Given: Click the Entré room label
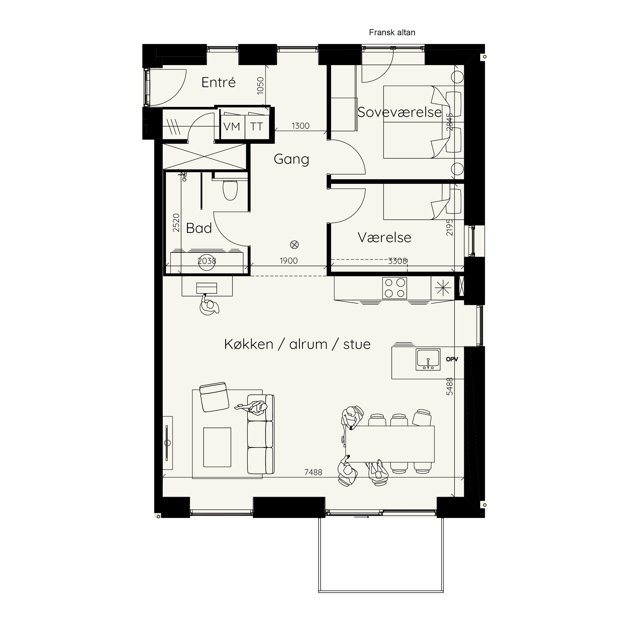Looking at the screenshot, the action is tap(219, 83).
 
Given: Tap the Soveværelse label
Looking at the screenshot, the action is tap(399, 112).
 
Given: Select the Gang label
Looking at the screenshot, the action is tap(291, 159).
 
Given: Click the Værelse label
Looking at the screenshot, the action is tap(384, 237).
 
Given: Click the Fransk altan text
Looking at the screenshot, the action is tap(392, 32).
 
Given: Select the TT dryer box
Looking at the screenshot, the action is tap(257, 127).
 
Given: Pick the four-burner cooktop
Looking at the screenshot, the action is tap(394, 288).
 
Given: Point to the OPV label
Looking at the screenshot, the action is tap(452, 359).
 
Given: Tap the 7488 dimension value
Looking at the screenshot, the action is tap(313, 472).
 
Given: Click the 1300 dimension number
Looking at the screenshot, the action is tap(300, 126).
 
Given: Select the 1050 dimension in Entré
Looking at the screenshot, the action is tap(260, 85).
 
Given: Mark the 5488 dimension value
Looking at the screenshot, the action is tap(450, 386).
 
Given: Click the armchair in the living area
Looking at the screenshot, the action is tap(214, 397).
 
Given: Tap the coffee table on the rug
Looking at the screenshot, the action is tap(217, 447).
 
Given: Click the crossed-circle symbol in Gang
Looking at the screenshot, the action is tap(294, 245).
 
